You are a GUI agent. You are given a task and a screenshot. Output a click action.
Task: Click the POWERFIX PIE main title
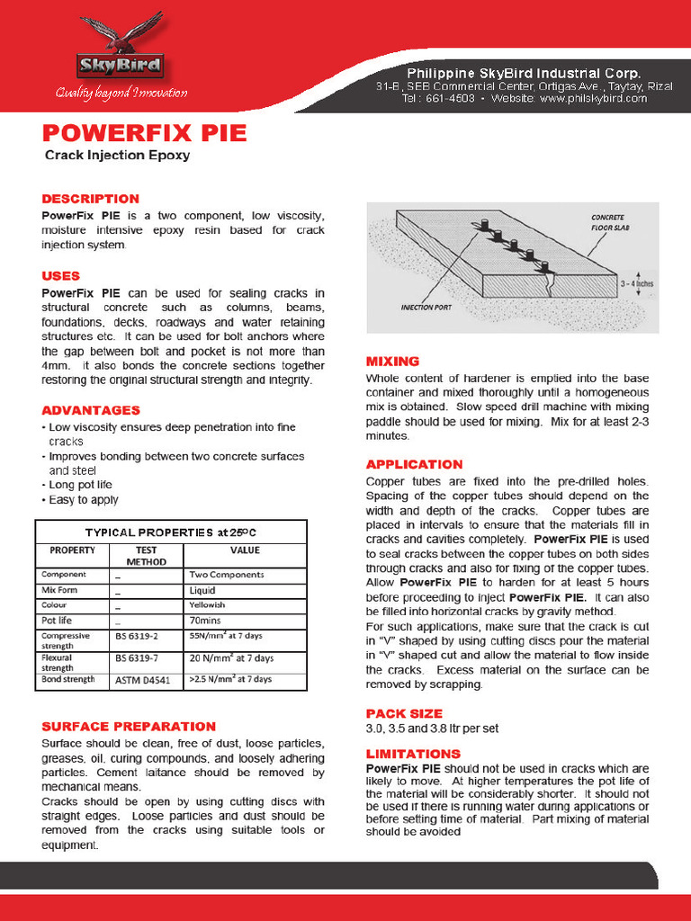[x=144, y=133]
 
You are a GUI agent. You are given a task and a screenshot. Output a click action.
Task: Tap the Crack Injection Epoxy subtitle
[x=117, y=156]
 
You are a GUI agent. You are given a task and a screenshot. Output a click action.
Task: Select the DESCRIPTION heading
[x=90, y=199]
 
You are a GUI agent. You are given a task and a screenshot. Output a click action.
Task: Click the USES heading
[x=60, y=276]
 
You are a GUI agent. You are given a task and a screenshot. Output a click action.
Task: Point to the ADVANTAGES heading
[x=91, y=410]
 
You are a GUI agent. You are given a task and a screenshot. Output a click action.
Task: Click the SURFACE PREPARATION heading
[x=129, y=726]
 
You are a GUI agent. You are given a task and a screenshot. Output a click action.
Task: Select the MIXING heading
[x=392, y=361]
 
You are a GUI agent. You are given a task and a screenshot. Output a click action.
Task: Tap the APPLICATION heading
[x=414, y=464]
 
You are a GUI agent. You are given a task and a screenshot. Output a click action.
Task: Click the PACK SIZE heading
[x=404, y=713]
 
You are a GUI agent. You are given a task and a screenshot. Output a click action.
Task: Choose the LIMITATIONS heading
[x=413, y=754]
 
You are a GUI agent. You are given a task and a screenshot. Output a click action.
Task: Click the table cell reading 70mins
[x=206, y=621]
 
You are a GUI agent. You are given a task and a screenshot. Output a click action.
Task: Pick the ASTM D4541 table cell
[x=142, y=679]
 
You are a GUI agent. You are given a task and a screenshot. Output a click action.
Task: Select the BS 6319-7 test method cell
[x=138, y=658]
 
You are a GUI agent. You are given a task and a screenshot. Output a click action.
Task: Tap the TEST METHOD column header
[x=146, y=555]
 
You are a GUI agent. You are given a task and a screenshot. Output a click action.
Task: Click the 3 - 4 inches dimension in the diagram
[x=635, y=283]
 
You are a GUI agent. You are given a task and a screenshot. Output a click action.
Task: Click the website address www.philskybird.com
[x=593, y=99]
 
